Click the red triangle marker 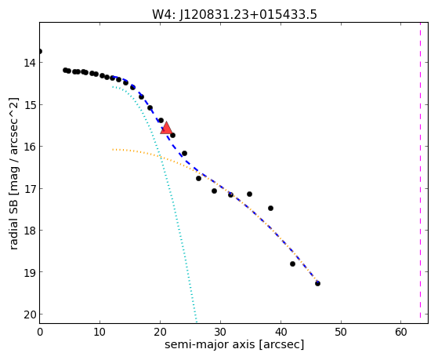(x=166, y=129)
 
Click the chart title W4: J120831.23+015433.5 (x=234, y=14)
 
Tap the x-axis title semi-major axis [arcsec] (x=234, y=344)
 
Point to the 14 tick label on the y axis (x=30, y=63)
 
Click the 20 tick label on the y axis (x=30, y=315)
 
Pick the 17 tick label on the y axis (x=30, y=188)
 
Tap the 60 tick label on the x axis (x=401, y=332)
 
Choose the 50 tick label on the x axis (x=341, y=332)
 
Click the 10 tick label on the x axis (x=100, y=332)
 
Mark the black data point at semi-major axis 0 (x=40, y=51)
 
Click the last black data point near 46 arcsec (x=317, y=283)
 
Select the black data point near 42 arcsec (x=292, y=264)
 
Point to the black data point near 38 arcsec (x=270, y=208)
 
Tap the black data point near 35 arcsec (x=249, y=194)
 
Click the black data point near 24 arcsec (x=184, y=153)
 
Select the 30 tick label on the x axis (x=220, y=332)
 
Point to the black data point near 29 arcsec (x=214, y=191)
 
